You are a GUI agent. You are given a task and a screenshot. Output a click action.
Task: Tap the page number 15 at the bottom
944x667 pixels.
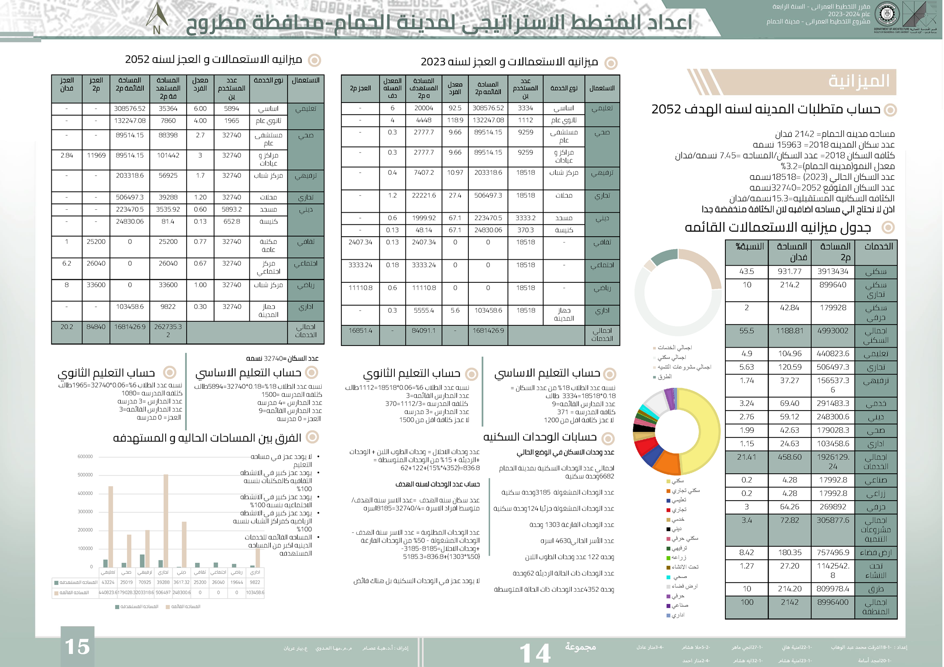(77, 646)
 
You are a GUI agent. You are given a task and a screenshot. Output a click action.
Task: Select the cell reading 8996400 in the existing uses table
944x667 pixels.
(833, 602)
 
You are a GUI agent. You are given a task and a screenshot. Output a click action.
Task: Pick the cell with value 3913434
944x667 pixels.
(833, 272)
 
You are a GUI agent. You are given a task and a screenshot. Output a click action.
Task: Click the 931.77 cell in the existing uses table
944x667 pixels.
(789, 272)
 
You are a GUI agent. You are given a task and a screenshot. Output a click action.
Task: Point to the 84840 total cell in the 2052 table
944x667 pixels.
(96, 327)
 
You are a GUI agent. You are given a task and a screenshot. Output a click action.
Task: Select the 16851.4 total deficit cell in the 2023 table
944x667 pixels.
(360, 331)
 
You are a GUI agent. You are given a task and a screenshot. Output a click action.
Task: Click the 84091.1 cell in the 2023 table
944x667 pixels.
(423, 331)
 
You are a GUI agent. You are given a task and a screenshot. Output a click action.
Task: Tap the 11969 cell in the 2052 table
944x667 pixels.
(96, 156)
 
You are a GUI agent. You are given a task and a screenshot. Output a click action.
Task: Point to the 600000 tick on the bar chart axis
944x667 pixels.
(85, 456)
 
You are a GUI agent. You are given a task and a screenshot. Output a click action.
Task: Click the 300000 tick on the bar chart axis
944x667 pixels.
(85, 511)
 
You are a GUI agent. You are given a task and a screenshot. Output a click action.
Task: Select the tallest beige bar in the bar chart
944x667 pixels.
(166, 521)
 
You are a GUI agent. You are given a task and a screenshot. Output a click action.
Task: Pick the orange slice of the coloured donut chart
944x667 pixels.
(668, 463)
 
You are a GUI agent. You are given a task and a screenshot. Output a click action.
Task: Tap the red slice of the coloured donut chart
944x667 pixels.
(645, 447)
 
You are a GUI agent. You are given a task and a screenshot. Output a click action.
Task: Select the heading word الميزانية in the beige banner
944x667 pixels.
(859, 81)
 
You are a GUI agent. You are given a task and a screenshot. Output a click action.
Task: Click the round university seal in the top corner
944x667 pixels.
(887, 14)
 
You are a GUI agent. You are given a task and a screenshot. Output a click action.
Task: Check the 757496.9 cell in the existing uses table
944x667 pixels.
(833, 553)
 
